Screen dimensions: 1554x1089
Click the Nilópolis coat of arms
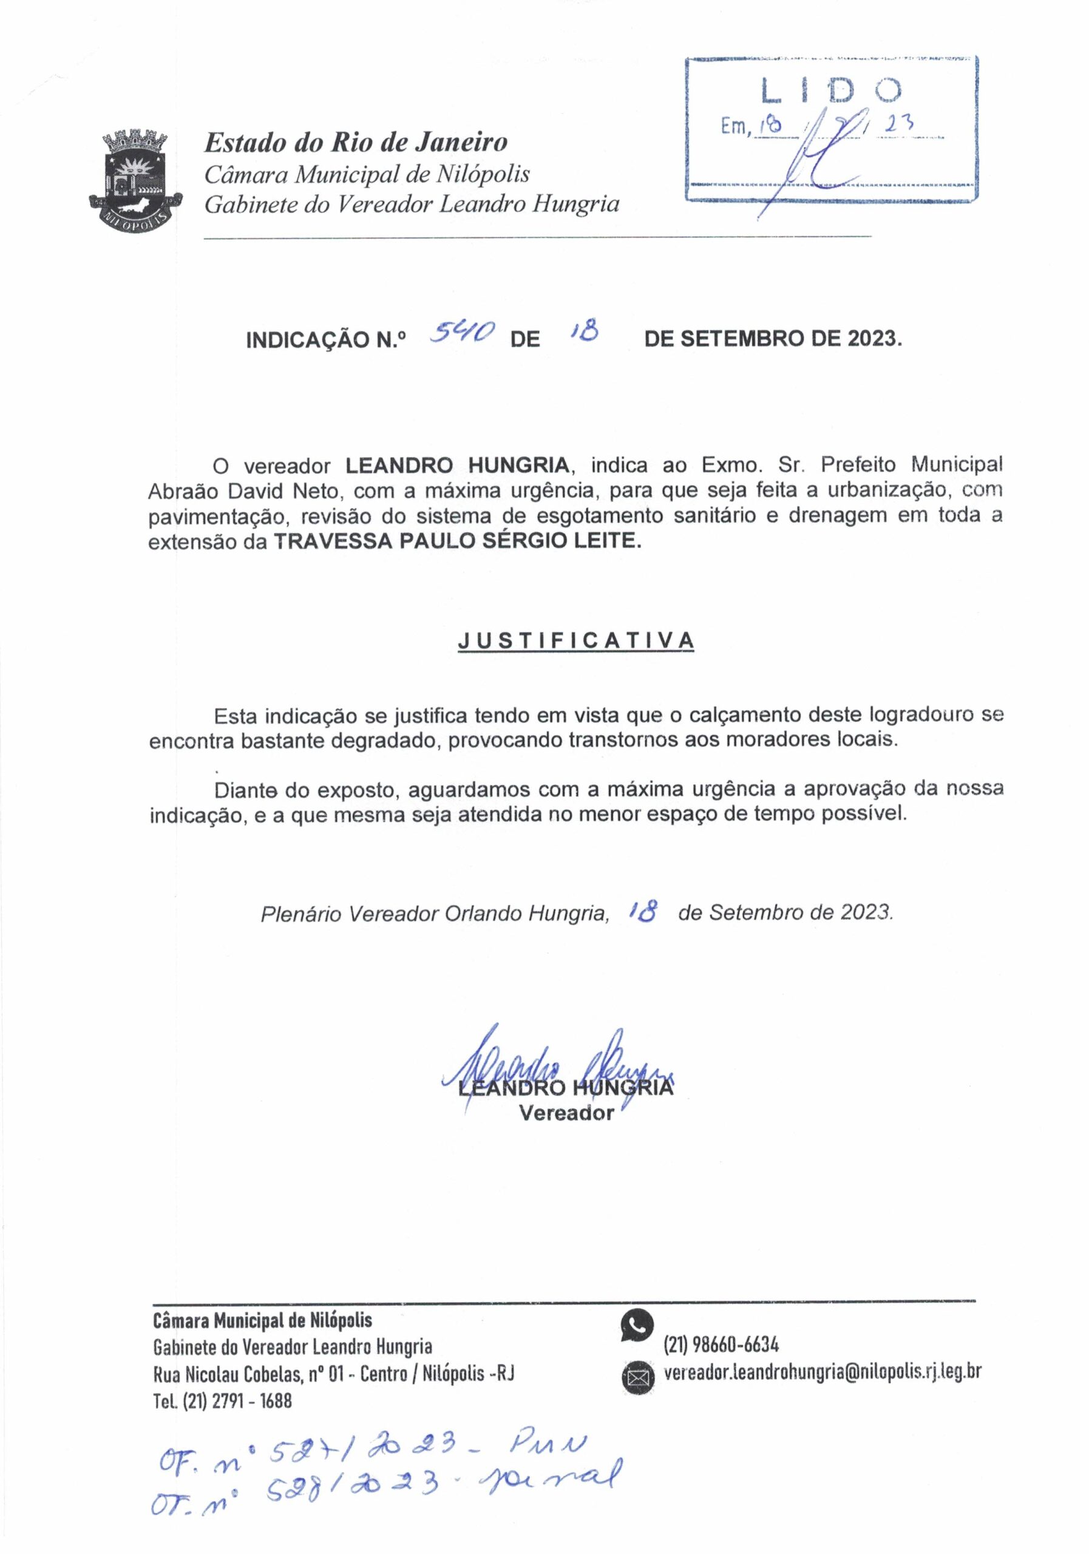(x=136, y=178)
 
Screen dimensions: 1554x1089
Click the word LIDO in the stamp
(x=831, y=90)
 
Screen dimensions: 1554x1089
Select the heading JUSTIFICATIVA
(x=576, y=640)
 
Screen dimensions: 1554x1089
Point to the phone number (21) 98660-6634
(x=722, y=1344)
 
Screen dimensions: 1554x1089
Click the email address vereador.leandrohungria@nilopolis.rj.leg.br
(x=822, y=1372)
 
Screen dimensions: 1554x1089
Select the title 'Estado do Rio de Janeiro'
(x=355, y=142)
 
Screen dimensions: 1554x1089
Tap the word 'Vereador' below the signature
(x=566, y=1113)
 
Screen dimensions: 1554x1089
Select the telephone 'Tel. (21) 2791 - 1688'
(x=222, y=1400)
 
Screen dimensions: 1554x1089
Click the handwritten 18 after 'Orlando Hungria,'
(x=643, y=913)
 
